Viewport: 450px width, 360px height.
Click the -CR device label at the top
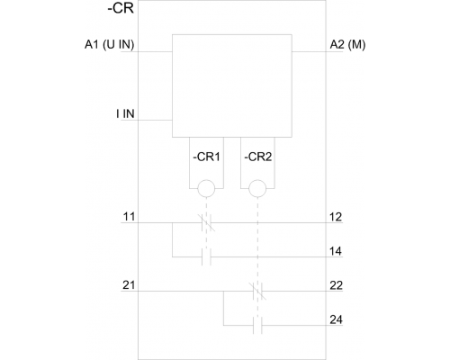pos(121,8)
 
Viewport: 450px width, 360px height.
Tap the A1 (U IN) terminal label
pos(109,45)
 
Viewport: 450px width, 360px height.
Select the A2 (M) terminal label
pos(347,45)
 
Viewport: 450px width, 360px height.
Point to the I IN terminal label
pos(125,113)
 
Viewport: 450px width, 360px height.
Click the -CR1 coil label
pos(206,157)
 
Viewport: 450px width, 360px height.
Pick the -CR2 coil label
pos(258,157)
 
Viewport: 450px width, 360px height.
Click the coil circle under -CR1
pos(206,189)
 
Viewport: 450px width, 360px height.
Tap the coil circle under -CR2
pos(257,189)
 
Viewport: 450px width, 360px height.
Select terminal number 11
pos(129,217)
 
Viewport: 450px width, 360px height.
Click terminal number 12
pos(336,217)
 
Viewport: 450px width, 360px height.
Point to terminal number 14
pos(336,251)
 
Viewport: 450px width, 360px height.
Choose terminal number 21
pos(129,285)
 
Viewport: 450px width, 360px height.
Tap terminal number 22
pos(336,285)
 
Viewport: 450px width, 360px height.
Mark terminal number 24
pos(336,319)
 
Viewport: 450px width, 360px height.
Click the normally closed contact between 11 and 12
pos(206,223)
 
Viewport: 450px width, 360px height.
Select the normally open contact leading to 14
pos(206,256)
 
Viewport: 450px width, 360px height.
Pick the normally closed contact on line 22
pos(257,291)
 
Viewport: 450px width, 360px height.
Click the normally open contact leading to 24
pos(257,325)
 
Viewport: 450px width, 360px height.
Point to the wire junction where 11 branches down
pos(173,223)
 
